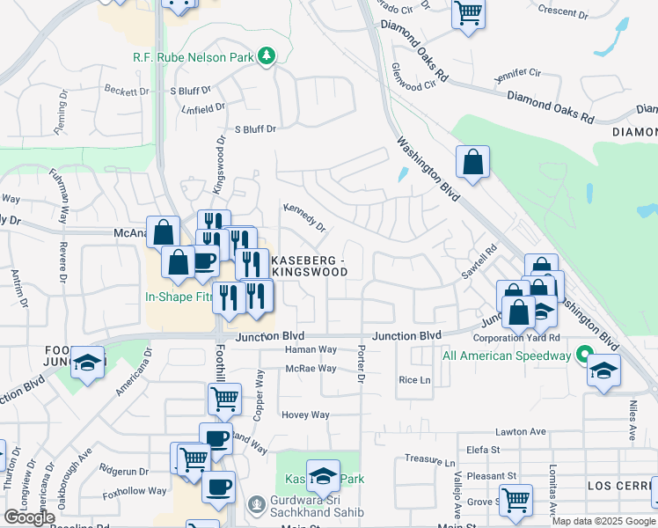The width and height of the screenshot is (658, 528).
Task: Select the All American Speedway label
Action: point(507,356)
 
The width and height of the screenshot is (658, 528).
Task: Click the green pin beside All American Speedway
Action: point(582,356)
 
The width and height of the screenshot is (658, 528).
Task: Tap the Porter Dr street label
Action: point(361,363)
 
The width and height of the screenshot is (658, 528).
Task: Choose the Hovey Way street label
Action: point(305,414)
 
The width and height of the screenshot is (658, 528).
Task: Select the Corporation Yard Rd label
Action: point(516,338)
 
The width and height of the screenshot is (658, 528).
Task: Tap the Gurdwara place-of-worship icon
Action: point(257,506)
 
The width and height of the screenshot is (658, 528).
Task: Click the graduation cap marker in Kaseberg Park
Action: point(323,475)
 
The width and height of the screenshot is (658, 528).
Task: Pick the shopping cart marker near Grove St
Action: point(515,500)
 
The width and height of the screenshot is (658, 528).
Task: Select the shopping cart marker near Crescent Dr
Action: point(469,12)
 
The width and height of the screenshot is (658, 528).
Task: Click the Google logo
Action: point(29,517)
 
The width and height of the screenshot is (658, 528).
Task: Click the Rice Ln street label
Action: point(414,380)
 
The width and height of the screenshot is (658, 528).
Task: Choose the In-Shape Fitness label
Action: point(179,297)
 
